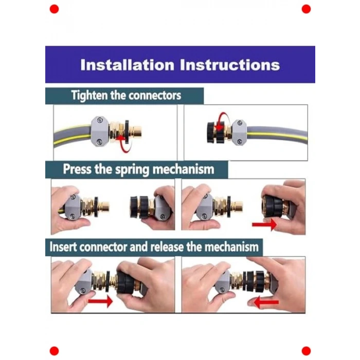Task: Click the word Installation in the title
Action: click(128, 65)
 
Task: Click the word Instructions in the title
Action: click(230, 65)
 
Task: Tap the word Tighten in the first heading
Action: click(89, 96)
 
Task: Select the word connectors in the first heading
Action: click(155, 96)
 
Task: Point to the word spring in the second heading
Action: click(132, 170)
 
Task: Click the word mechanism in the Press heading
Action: click(183, 169)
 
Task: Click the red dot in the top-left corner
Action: click(54, 9)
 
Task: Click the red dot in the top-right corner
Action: click(306, 9)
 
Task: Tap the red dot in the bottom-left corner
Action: click(54, 351)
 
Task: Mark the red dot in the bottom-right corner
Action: click(306, 351)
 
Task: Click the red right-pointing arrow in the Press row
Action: click(264, 224)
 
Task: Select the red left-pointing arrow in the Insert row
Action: click(266, 302)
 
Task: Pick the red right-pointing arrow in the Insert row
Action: click(101, 301)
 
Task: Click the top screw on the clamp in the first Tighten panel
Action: click(100, 120)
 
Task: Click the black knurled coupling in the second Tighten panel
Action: click(216, 133)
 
